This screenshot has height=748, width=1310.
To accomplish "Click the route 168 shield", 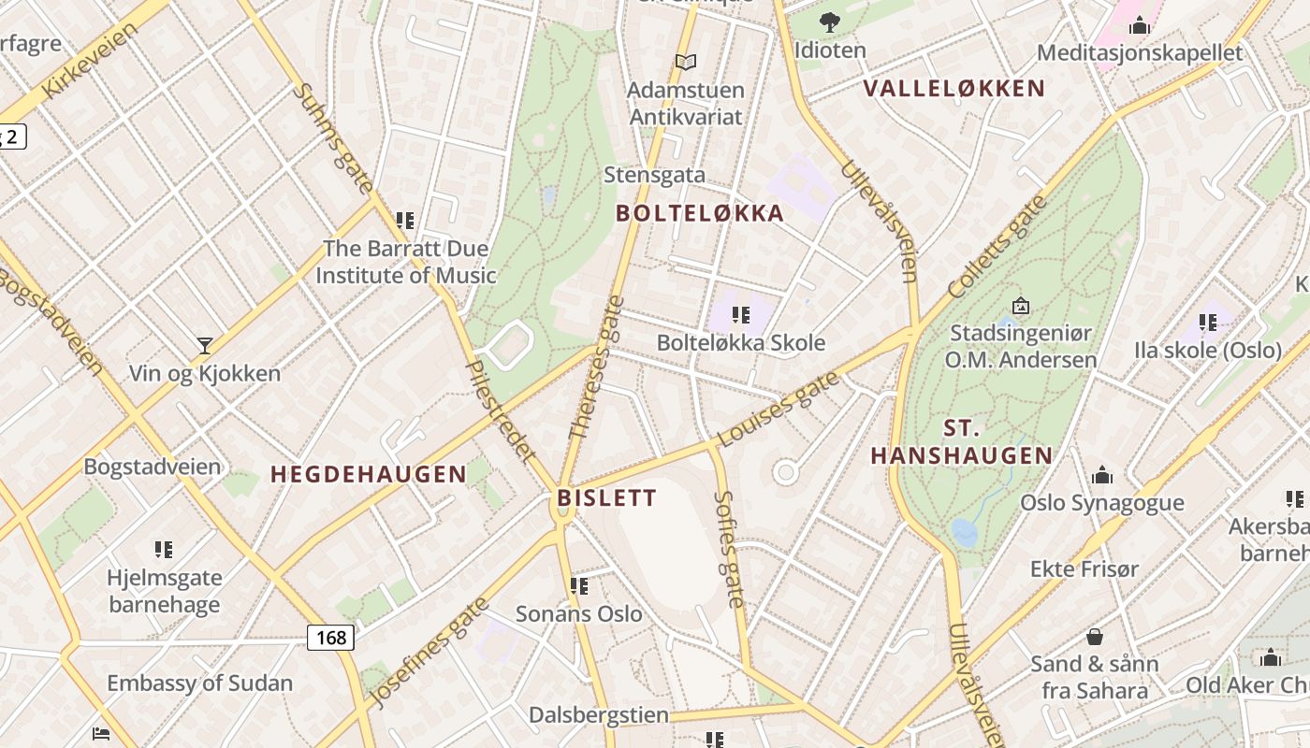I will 330,638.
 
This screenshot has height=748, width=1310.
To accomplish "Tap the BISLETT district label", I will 607,497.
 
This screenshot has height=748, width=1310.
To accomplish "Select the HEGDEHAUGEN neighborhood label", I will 369,474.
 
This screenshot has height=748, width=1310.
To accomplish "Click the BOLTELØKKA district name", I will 700,213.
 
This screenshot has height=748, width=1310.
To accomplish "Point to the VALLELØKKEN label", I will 953,89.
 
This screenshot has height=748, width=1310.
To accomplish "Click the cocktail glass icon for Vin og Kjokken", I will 205,345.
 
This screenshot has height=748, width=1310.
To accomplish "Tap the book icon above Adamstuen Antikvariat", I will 686,62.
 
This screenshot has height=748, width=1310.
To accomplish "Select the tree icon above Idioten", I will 829,22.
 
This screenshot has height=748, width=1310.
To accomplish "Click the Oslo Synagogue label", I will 1101,502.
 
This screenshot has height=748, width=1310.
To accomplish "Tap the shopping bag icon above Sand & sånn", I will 1094,637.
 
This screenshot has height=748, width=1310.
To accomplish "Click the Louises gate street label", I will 779,409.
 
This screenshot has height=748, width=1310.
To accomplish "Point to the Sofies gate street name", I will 729,550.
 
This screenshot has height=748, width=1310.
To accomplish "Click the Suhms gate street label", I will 333,137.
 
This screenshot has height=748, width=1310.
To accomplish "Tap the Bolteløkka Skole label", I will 740,342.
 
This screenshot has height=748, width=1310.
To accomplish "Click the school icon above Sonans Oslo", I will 579,586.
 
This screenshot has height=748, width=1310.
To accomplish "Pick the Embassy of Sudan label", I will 199,683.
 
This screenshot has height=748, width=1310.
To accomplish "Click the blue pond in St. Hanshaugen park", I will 964,532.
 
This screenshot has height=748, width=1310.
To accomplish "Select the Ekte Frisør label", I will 1084,568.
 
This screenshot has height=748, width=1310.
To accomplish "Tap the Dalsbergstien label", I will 599,715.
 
